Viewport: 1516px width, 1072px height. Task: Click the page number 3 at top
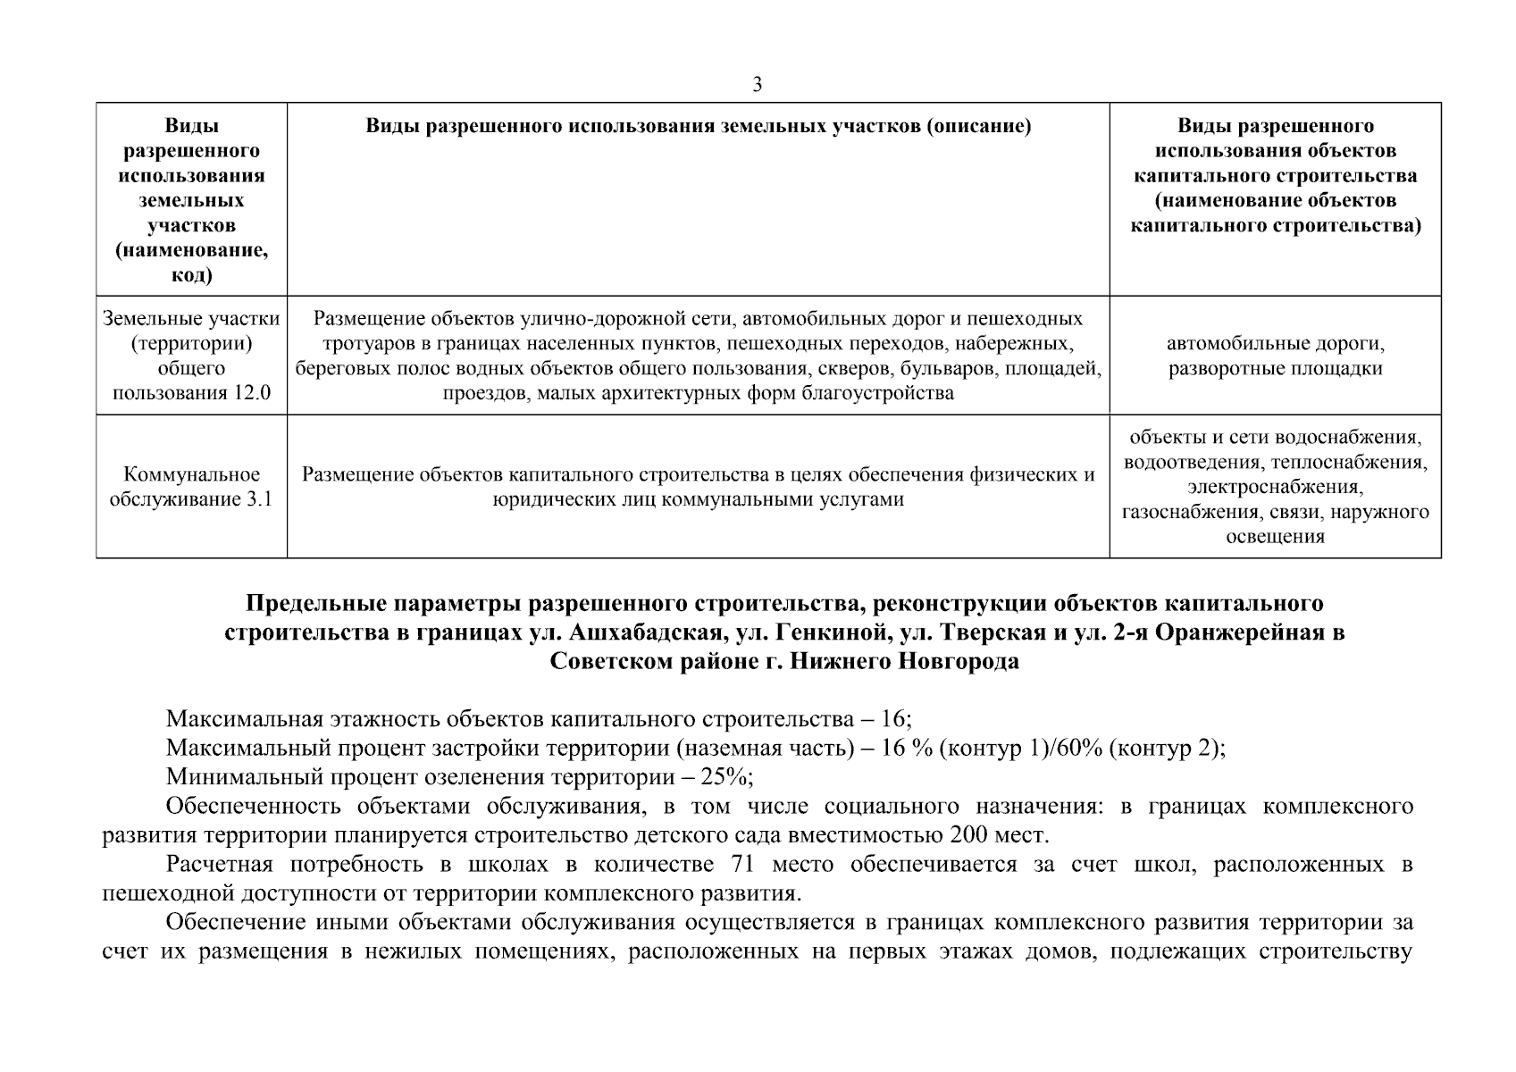[758, 85]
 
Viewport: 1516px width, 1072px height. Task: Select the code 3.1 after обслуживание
[258, 499]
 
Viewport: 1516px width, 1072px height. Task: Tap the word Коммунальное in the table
[191, 474]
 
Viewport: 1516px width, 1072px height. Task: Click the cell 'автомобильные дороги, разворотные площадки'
[1275, 356]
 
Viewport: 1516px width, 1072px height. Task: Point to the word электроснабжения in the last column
[1275, 487]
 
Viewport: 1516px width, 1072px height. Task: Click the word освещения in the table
[1275, 537]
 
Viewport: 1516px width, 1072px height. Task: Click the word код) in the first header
[191, 276]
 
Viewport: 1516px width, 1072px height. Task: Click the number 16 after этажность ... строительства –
[896, 719]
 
